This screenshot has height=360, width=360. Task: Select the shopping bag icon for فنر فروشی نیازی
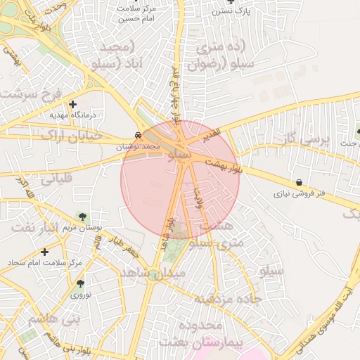point(300,182)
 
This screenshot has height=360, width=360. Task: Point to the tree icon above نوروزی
point(81,284)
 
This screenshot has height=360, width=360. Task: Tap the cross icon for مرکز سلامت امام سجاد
point(44,251)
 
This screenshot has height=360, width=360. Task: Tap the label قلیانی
point(55,179)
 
